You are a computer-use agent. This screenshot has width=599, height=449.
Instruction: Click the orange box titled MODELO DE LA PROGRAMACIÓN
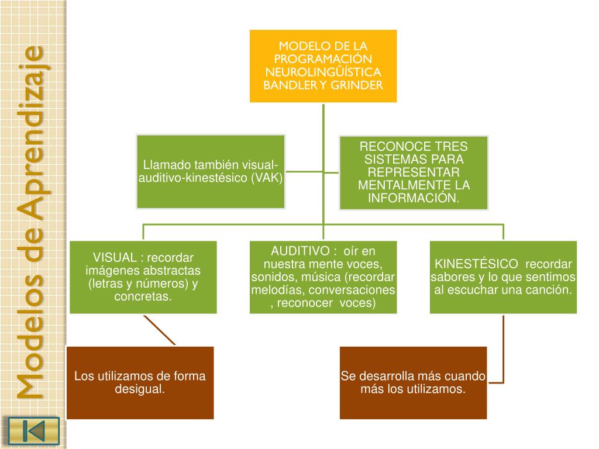[x=323, y=66]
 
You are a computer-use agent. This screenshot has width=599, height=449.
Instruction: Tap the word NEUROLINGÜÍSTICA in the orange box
[x=323, y=72]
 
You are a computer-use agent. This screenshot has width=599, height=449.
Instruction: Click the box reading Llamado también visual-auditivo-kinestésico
[x=211, y=171]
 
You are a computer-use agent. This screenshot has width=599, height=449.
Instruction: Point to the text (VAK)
[x=267, y=178]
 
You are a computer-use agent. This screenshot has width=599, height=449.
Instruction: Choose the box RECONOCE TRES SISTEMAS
[x=414, y=172]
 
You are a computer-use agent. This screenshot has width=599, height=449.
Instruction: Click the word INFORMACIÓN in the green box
[x=414, y=198]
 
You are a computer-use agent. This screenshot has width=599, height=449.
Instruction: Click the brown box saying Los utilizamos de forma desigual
[x=140, y=382]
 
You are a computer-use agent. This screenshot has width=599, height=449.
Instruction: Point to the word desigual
[x=140, y=389]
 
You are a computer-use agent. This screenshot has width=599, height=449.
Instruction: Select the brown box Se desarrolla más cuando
[x=413, y=382]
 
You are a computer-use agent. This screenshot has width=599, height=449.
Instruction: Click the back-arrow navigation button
[x=33, y=431]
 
